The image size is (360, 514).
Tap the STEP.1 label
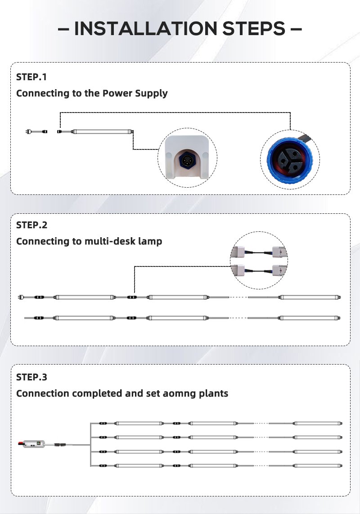pos(31,77)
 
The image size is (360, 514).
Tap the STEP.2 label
pos(31,225)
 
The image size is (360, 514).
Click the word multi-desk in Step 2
pos(111,241)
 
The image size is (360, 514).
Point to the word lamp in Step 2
pos(151,242)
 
